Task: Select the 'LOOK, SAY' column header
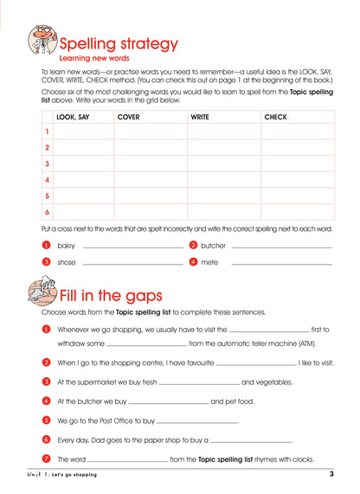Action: point(73,116)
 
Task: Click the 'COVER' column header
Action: point(128,116)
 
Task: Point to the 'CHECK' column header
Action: point(275,116)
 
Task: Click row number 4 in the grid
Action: point(47,179)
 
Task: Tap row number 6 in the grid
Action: point(47,211)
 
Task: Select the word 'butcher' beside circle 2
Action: point(213,246)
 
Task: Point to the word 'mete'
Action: point(209,261)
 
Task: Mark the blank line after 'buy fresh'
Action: point(199,383)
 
